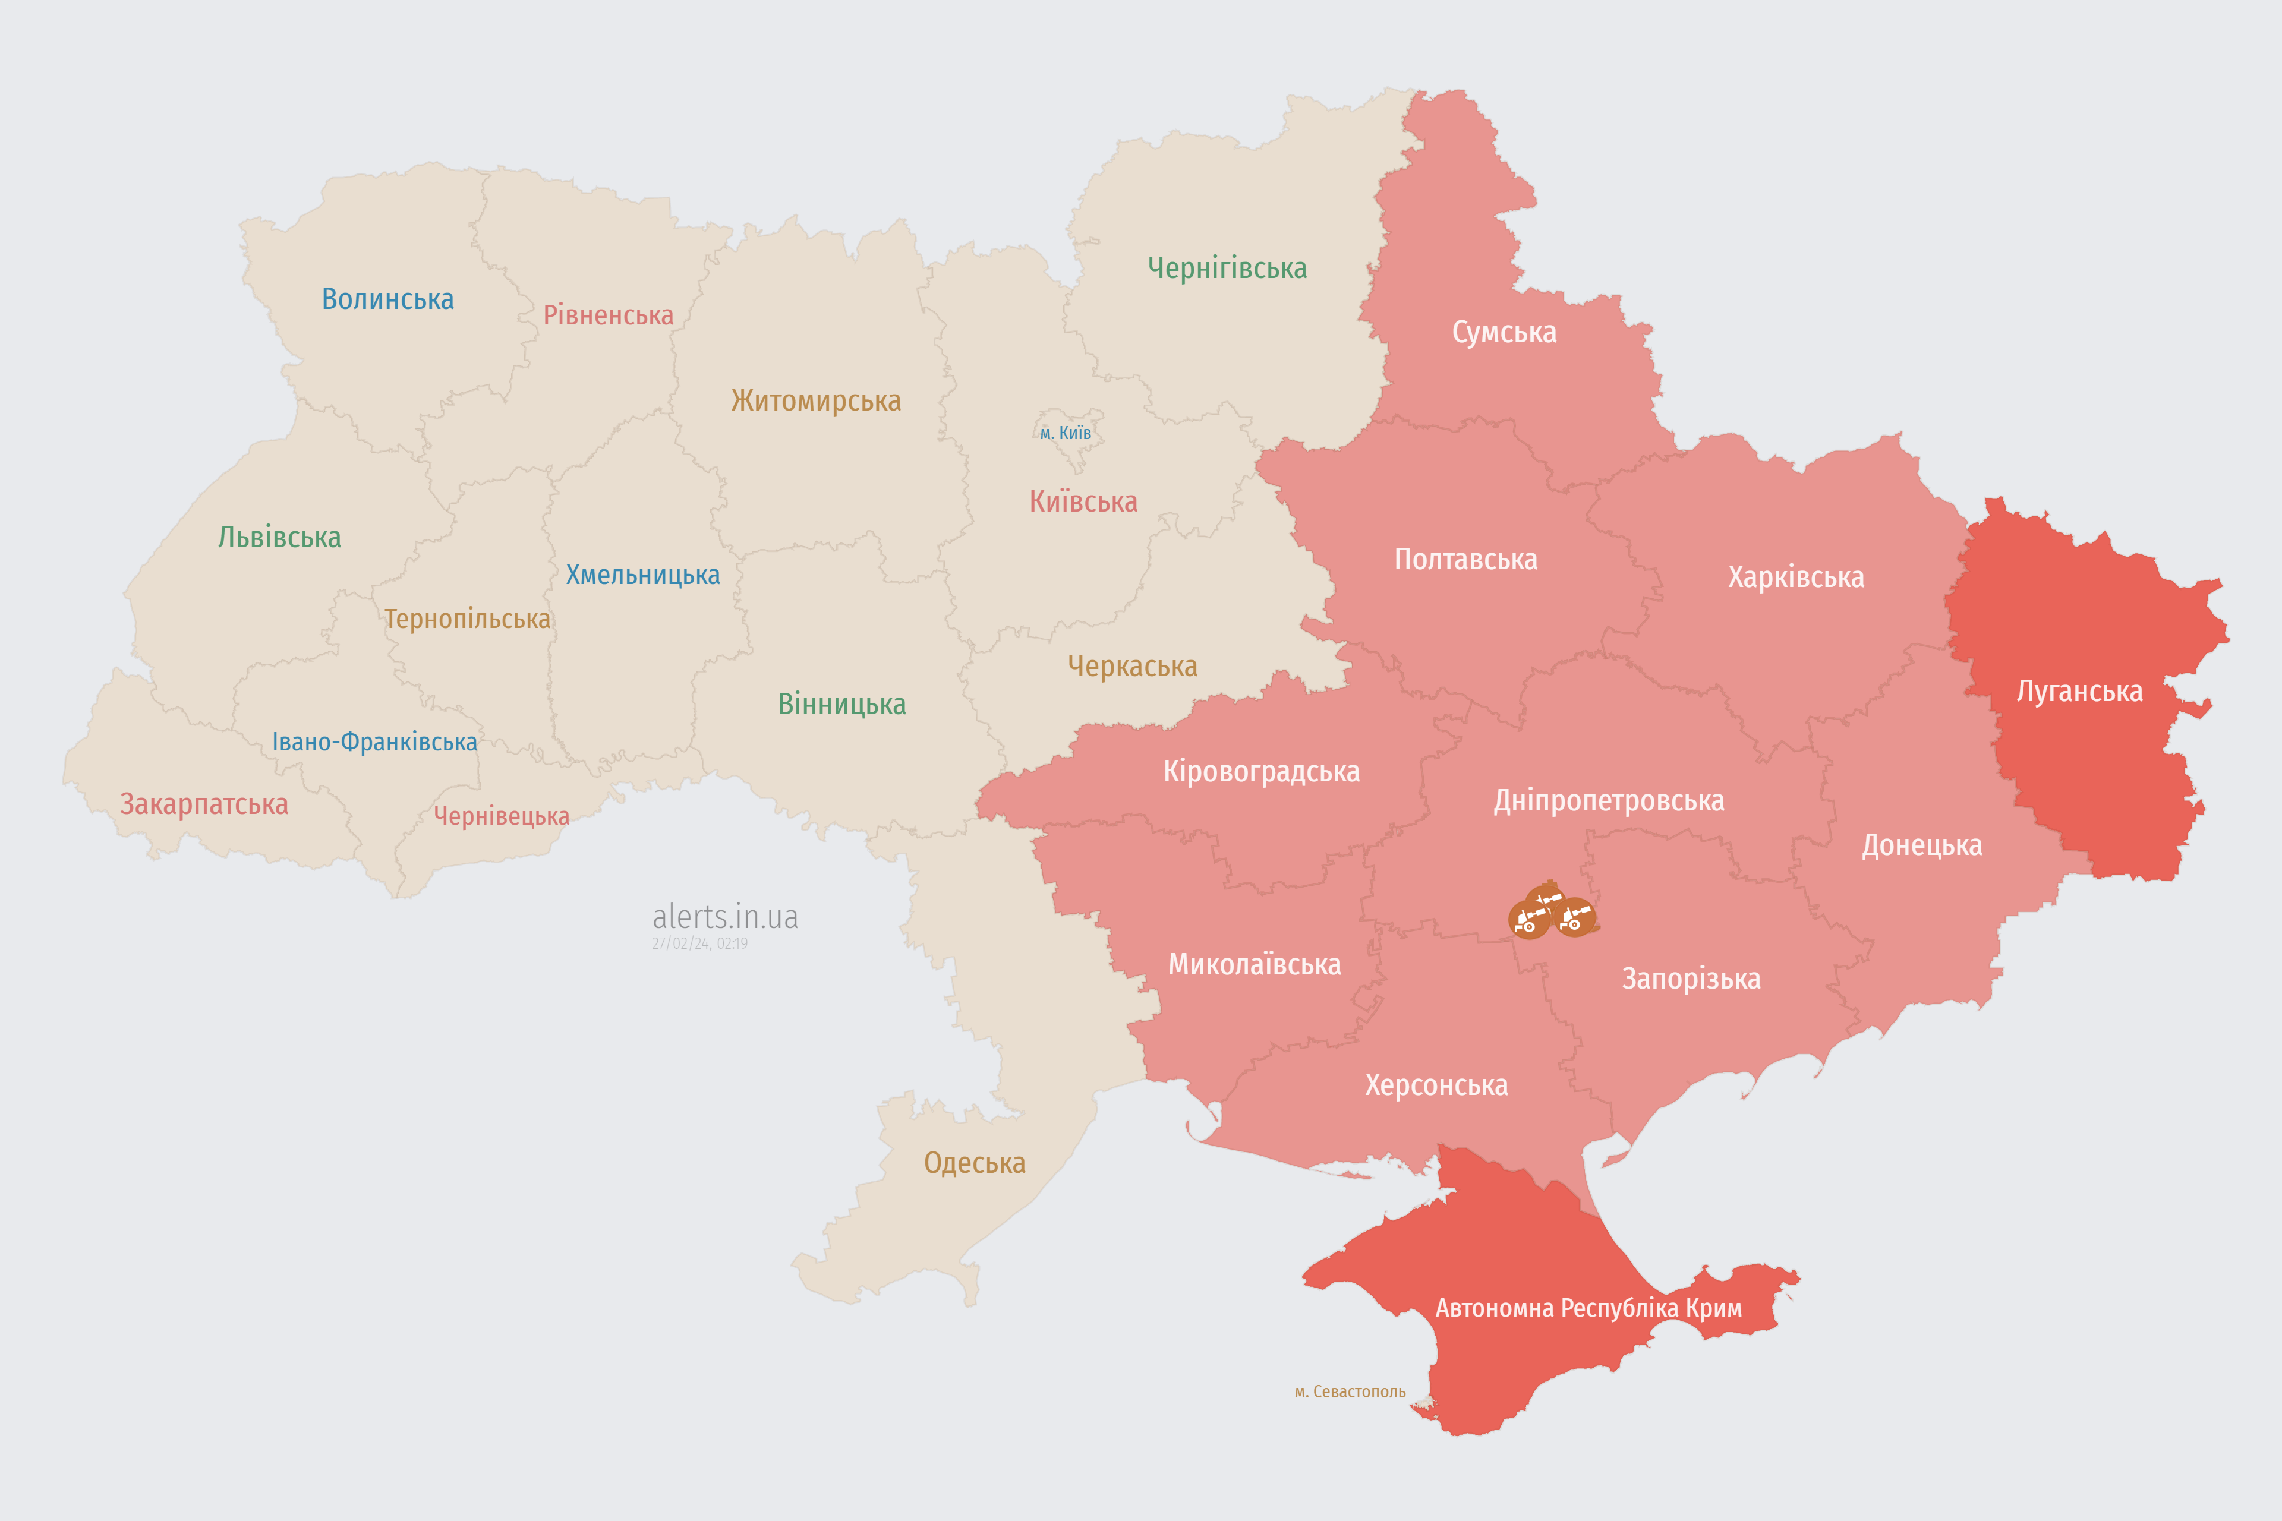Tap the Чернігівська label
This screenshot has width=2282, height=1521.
click(x=1227, y=268)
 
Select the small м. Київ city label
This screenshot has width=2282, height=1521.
click(x=1066, y=433)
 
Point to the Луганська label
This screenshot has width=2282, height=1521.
click(x=2079, y=692)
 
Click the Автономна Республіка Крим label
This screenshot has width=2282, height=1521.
click(x=1588, y=1308)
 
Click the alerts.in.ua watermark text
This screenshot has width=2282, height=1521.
click(x=725, y=917)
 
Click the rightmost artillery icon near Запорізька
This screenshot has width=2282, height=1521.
click(x=1575, y=917)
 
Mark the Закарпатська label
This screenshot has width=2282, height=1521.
click(x=204, y=804)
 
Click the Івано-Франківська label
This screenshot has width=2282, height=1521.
click(x=374, y=742)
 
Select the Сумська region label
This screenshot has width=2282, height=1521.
click(x=1504, y=333)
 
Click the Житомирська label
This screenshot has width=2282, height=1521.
click(x=816, y=400)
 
